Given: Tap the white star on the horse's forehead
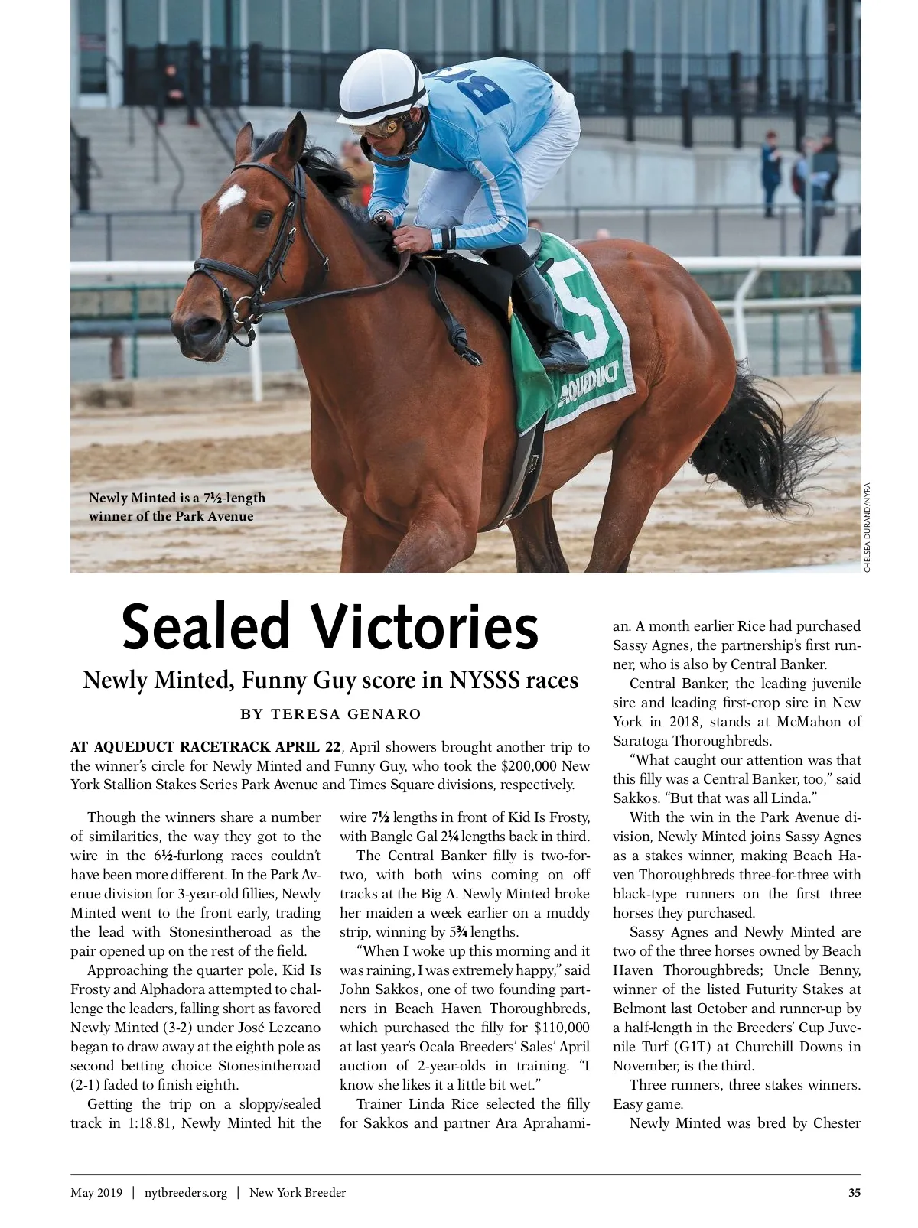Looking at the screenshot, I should pyautogui.click(x=231, y=198).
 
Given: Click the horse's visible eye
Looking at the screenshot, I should pyautogui.click(x=263, y=219).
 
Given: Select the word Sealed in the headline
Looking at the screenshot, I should pyautogui.click(x=206, y=628).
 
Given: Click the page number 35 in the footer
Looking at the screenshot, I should pyautogui.click(x=854, y=1193).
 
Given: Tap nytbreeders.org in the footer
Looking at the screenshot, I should pyautogui.click(x=186, y=1193).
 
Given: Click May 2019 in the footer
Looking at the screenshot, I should pyautogui.click(x=96, y=1193).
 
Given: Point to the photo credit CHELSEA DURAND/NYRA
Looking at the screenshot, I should pyautogui.click(x=868, y=527).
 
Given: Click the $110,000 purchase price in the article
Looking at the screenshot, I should pyautogui.click(x=562, y=1028).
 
